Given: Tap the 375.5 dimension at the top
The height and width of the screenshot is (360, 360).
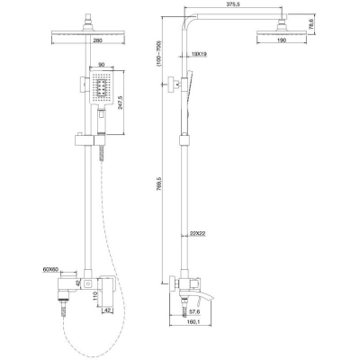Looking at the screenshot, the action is [235, 4].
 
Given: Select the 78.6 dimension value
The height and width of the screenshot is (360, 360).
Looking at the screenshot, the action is [311, 24].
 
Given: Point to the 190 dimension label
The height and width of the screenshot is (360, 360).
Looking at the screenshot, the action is [282, 40].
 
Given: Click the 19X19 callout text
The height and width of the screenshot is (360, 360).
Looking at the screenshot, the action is [199, 54].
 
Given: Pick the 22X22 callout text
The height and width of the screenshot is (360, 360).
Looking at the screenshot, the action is [198, 234].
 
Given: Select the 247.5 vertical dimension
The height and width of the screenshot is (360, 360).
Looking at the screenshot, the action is [121, 103].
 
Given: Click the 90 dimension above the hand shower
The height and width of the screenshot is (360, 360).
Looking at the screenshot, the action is [102, 65].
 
